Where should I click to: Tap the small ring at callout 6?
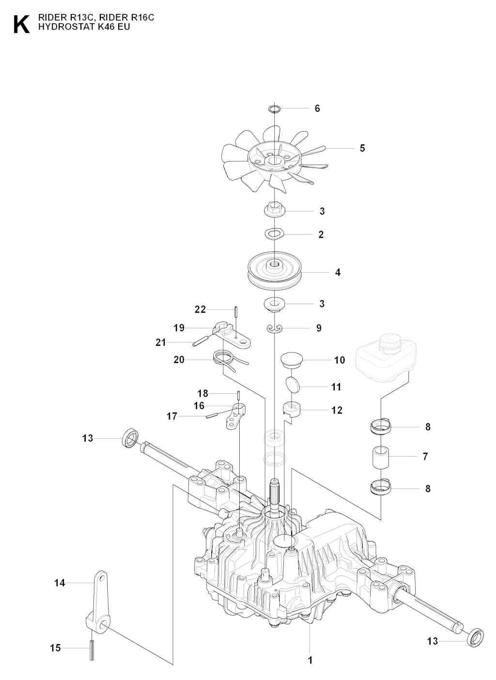coord(275,108)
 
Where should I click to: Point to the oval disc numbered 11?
coord(291,386)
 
